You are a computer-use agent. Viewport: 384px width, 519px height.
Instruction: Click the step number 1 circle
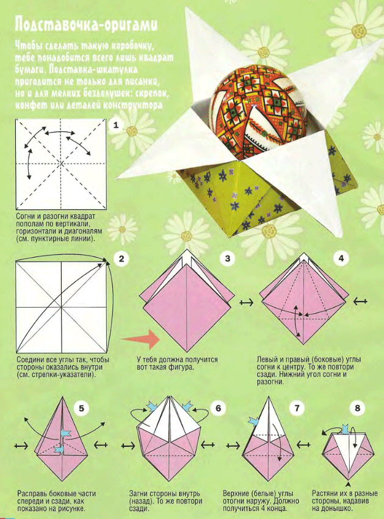point(115,125)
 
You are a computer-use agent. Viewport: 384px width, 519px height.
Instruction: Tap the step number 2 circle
point(121,258)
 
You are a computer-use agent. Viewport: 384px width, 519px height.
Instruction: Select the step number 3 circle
point(228,258)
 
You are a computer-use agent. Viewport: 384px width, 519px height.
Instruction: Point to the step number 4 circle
point(341,258)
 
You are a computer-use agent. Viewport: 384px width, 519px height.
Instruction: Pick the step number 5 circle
point(81,408)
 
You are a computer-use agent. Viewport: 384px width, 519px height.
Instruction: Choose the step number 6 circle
point(218,408)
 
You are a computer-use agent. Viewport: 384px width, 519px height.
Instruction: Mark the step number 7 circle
point(297,408)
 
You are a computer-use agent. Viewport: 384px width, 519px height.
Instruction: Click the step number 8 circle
point(358,408)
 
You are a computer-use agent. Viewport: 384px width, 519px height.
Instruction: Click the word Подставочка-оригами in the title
point(86,25)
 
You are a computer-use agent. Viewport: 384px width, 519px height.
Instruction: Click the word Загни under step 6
point(138,494)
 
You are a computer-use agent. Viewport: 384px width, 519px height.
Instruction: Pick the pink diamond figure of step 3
point(187,300)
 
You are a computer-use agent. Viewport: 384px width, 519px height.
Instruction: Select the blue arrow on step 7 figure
point(253,421)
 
